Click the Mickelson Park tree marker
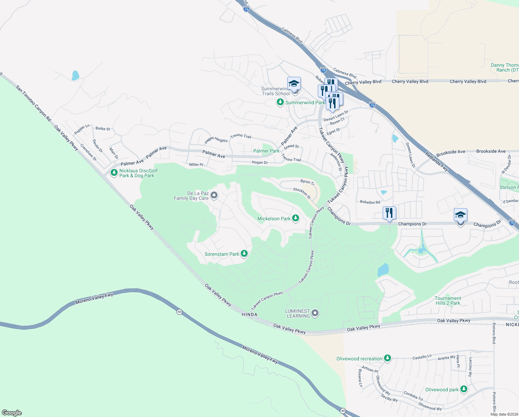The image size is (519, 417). (x=296, y=218)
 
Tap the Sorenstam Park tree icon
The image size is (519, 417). (x=244, y=254)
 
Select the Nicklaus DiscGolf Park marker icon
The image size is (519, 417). (x=114, y=173)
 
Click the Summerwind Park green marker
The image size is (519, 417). (x=280, y=103)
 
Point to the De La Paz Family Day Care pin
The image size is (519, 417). (x=214, y=196)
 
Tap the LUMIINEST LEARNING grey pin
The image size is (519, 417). (x=315, y=313)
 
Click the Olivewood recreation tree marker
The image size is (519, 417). (x=388, y=358)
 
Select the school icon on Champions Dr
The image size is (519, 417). (x=460, y=215)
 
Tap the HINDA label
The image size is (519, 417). (x=249, y=314)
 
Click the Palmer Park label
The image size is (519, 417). (x=266, y=151)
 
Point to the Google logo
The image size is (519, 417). (x=12, y=413)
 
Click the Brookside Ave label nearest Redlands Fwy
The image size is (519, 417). (x=451, y=152)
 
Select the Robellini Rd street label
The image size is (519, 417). (x=370, y=202)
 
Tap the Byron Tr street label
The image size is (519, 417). (x=307, y=182)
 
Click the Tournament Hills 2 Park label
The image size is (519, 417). (x=448, y=301)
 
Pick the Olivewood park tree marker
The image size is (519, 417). (x=464, y=389)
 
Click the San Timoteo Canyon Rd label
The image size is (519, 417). (x=33, y=103)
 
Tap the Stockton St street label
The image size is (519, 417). (x=302, y=193)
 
